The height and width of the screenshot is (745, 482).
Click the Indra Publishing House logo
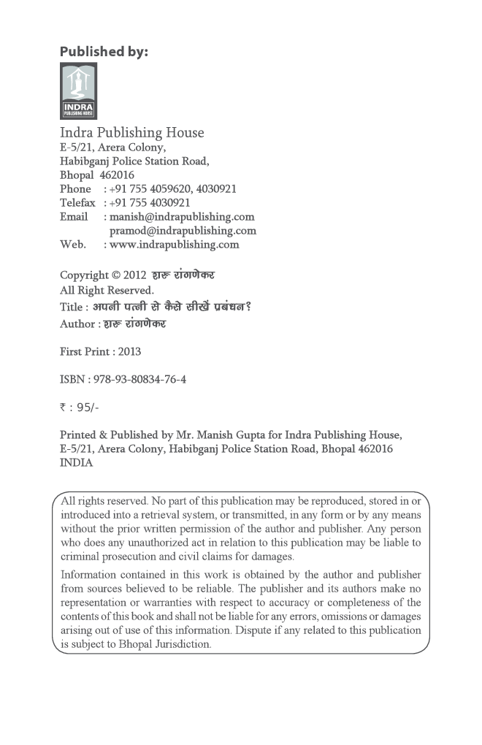78,91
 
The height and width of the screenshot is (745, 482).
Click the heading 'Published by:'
104,51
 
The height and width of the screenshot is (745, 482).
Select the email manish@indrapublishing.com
182,217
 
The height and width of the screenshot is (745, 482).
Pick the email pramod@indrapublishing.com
183,231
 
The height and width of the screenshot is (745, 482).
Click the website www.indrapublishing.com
175,245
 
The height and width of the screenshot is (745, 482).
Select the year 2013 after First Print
129,351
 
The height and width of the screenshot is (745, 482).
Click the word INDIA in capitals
76,463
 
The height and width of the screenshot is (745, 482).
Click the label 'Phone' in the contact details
75,189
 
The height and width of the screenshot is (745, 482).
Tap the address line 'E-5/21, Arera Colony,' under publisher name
112,148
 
